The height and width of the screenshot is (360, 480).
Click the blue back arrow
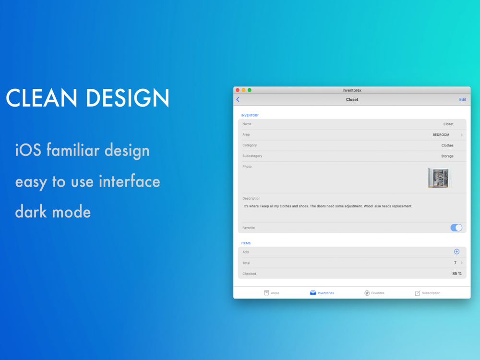click(238, 99)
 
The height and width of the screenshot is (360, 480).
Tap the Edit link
click(463, 99)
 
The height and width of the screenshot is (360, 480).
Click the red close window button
click(238, 90)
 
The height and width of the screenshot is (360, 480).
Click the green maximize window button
click(250, 90)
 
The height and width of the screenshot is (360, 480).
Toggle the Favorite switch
click(456, 228)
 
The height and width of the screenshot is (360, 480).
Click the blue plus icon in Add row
click(456, 252)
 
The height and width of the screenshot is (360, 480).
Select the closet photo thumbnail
click(439, 178)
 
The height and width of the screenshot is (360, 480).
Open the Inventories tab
click(322, 293)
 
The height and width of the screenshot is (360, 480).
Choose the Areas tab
click(272, 293)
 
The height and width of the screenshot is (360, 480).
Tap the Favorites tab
click(374, 293)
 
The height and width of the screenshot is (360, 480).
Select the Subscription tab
click(427, 293)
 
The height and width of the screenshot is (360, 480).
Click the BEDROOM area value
click(441, 135)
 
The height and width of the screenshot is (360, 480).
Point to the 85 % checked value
click(457, 274)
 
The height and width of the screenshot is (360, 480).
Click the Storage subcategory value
click(447, 156)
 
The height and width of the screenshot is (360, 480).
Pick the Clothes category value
click(447, 145)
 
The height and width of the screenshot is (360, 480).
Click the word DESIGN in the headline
click(128, 97)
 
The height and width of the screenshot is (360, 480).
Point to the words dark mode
click(53, 212)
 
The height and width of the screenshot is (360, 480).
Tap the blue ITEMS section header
click(246, 243)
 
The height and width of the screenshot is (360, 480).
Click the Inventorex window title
click(352, 90)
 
